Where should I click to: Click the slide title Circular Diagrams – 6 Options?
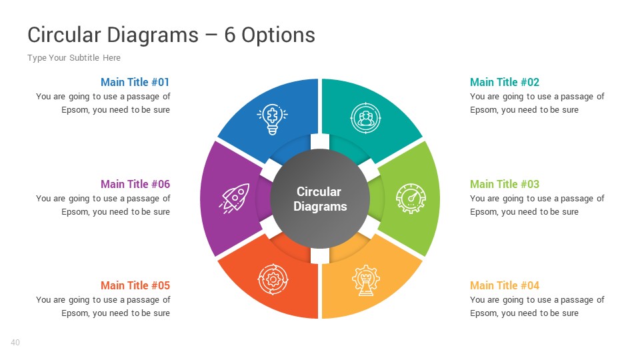pyautogui.click(x=171, y=35)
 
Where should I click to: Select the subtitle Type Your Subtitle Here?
pyautogui.click(x=74, y=58)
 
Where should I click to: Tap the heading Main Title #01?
pyautogui.click(x=135, y=82)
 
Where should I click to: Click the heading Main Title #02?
pyautogui.click(x=504, y=82)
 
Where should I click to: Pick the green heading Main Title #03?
pyautogui.click(x=504, y=184)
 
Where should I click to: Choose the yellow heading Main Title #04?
pyautogui.click(x=504, y=285)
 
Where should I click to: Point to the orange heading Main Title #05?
pyautogui.click(x=135, y=285)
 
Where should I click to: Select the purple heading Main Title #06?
pyautogui.click(x=135, y=184)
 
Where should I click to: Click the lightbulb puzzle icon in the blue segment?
pyautogui.click(x=272, y=119)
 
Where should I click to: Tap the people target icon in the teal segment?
pyautogui.click(x=365, y=119)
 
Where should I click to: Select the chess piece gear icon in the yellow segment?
pyautogui.click(x=365, y=280)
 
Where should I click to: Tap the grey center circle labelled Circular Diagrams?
pyautogui.click(x=320, y=199)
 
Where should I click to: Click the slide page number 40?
pyautogui.click(x=15, y=343)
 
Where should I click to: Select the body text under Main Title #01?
pyautogui.click(x=103, y=103)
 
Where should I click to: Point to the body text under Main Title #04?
pyautogui.click(x=537, y=307)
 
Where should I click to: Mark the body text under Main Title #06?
pyautogui.click(x=103, y=205)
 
